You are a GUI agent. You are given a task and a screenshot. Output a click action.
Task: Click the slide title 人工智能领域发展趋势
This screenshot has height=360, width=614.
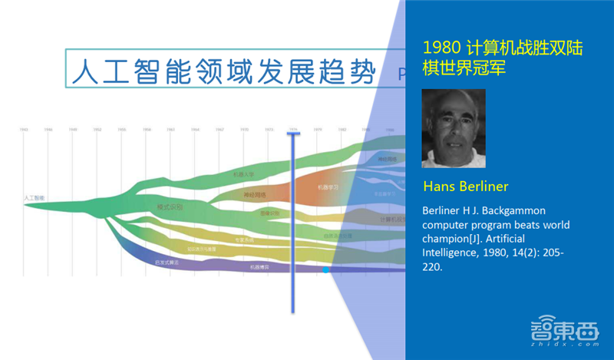[223, 71]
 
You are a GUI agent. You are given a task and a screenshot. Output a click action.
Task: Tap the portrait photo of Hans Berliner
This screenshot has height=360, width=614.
[454, 128]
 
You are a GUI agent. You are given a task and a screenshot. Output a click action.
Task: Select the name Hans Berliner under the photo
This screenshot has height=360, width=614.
[466, 187]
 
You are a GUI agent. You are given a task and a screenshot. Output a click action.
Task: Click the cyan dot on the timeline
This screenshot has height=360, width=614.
[325, 270]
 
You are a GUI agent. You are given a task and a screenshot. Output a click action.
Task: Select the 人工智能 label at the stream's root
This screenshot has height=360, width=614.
[35, 198]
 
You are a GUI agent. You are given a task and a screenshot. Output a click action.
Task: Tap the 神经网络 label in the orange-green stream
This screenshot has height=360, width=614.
[253, 195]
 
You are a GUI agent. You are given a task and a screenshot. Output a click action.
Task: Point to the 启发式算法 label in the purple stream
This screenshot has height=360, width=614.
[167, 262]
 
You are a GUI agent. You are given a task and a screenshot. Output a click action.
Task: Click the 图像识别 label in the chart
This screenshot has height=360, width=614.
[269, 213]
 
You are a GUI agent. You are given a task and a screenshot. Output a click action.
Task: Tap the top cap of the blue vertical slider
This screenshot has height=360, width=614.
[292, 134]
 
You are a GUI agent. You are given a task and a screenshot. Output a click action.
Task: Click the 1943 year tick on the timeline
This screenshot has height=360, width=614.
[25, 130]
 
